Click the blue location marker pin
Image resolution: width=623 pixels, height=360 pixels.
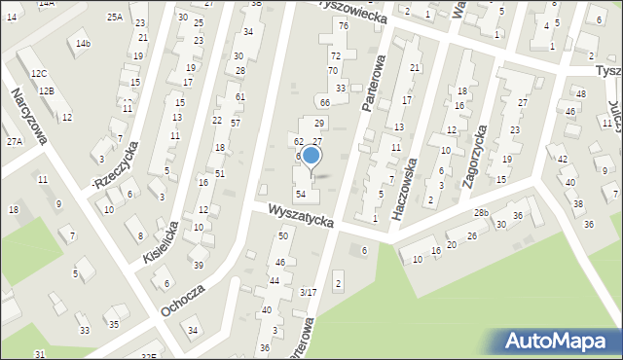coord(311,156)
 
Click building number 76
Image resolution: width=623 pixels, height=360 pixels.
coord(343,25)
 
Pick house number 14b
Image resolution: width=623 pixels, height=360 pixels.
coord(84,44)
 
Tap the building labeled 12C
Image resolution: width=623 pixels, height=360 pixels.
coord(38,74)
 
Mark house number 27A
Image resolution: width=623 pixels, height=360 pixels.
coord(14,142)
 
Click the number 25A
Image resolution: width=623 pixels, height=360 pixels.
coord(115,18)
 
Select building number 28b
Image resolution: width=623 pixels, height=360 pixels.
coord(481,212)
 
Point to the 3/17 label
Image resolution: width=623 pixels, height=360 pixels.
coord(308,292)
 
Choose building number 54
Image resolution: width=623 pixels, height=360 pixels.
coord(302,196)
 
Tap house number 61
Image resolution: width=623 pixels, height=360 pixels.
coord(239,97)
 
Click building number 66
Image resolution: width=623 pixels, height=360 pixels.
coord(325,103)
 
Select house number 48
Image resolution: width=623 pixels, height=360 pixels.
coord(581,94)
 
